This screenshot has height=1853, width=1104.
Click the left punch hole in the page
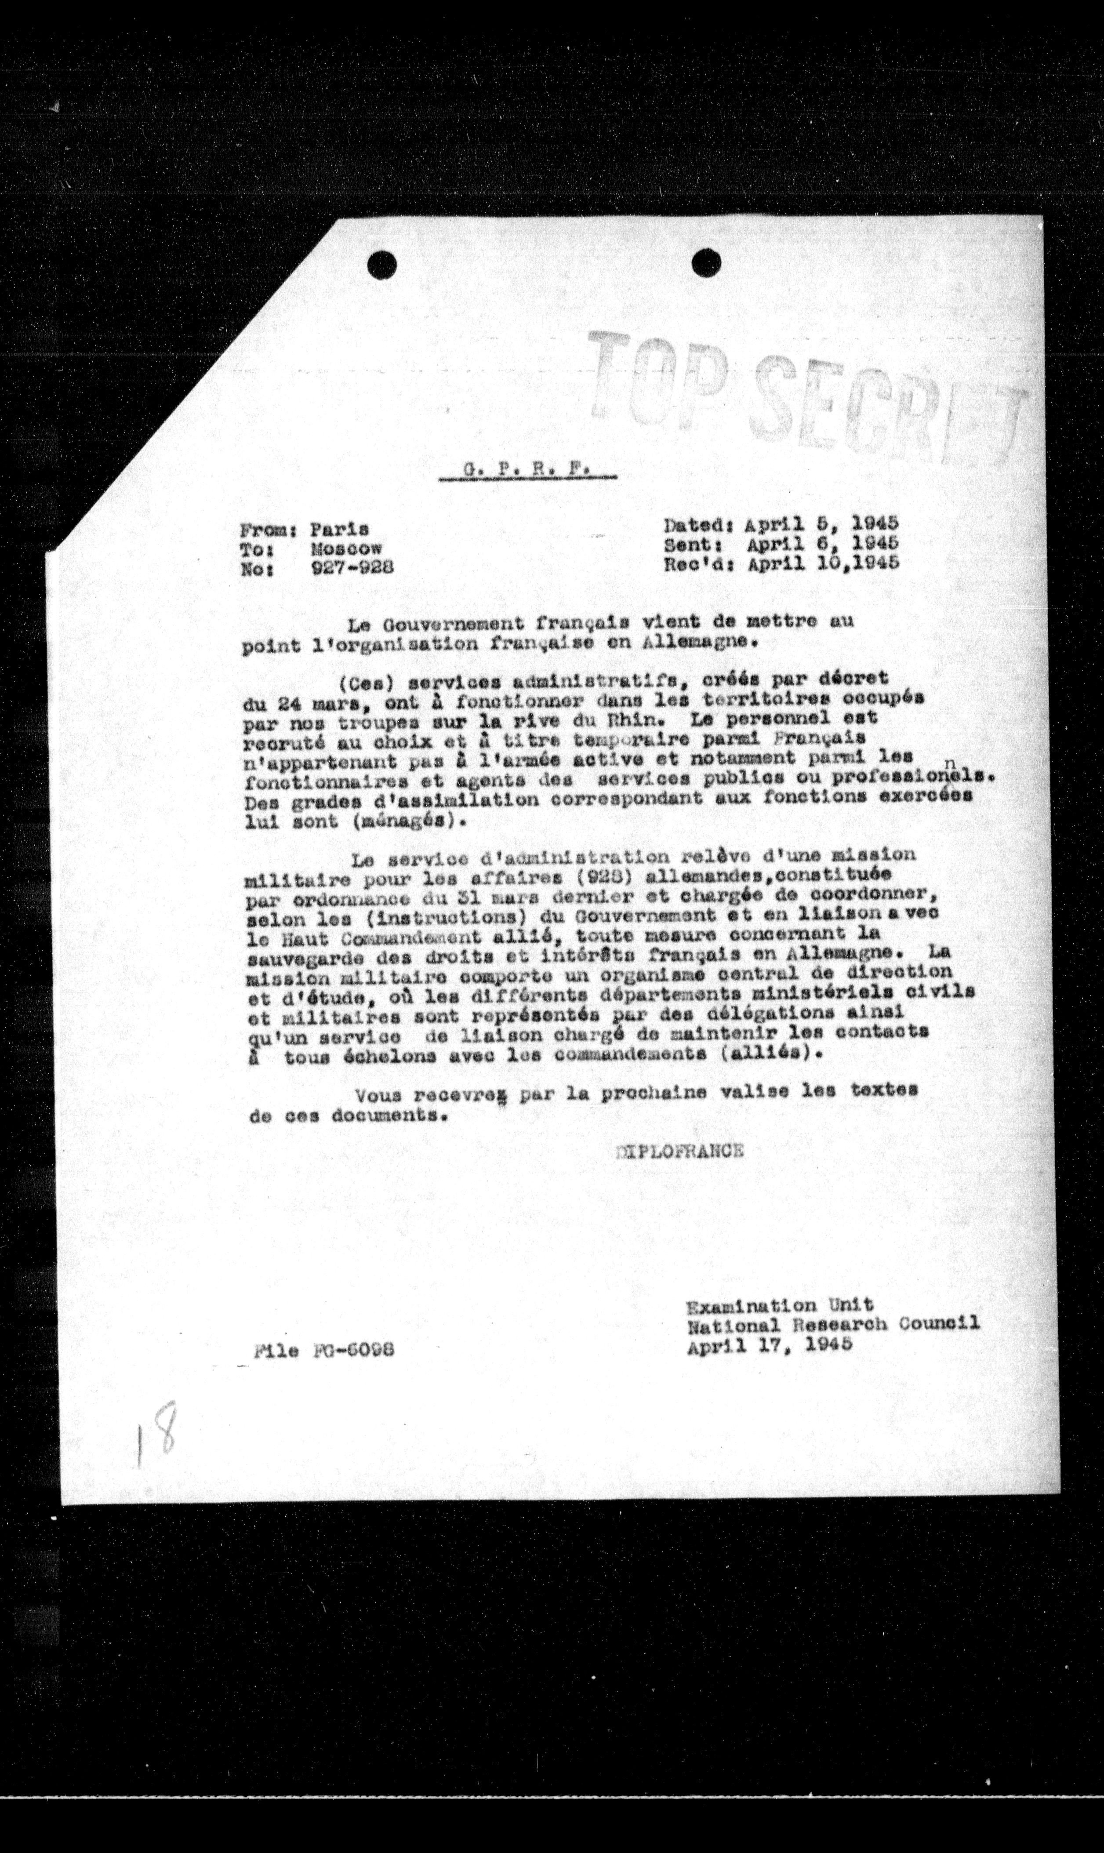click(381, 264)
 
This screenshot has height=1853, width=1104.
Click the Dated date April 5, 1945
click(823, 524)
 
